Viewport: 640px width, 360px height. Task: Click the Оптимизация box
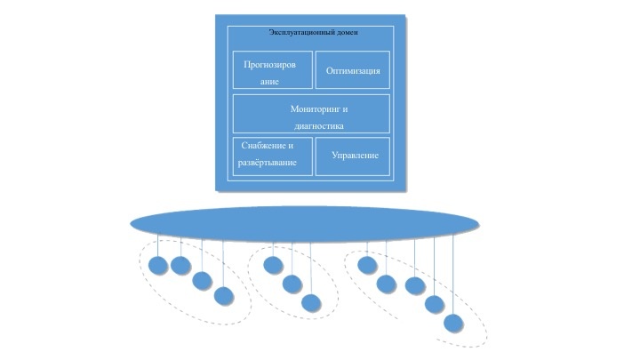[x=352, y=70]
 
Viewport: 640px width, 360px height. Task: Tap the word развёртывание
[x=267, y=164]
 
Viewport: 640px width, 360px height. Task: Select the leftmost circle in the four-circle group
[x=158, y=265]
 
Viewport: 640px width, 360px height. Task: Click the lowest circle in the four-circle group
[x=224, y=295]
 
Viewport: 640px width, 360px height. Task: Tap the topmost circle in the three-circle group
[x=273, y=265]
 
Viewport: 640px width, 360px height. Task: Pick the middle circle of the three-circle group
[x=292, y=284]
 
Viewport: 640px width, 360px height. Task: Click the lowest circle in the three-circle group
[x=310, y=302]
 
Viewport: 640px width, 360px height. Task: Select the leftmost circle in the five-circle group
[x=367, y=265]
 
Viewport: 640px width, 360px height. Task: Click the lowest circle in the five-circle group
[x=453, y=323]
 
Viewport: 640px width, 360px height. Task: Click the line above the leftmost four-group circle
[x=158, y=245]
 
